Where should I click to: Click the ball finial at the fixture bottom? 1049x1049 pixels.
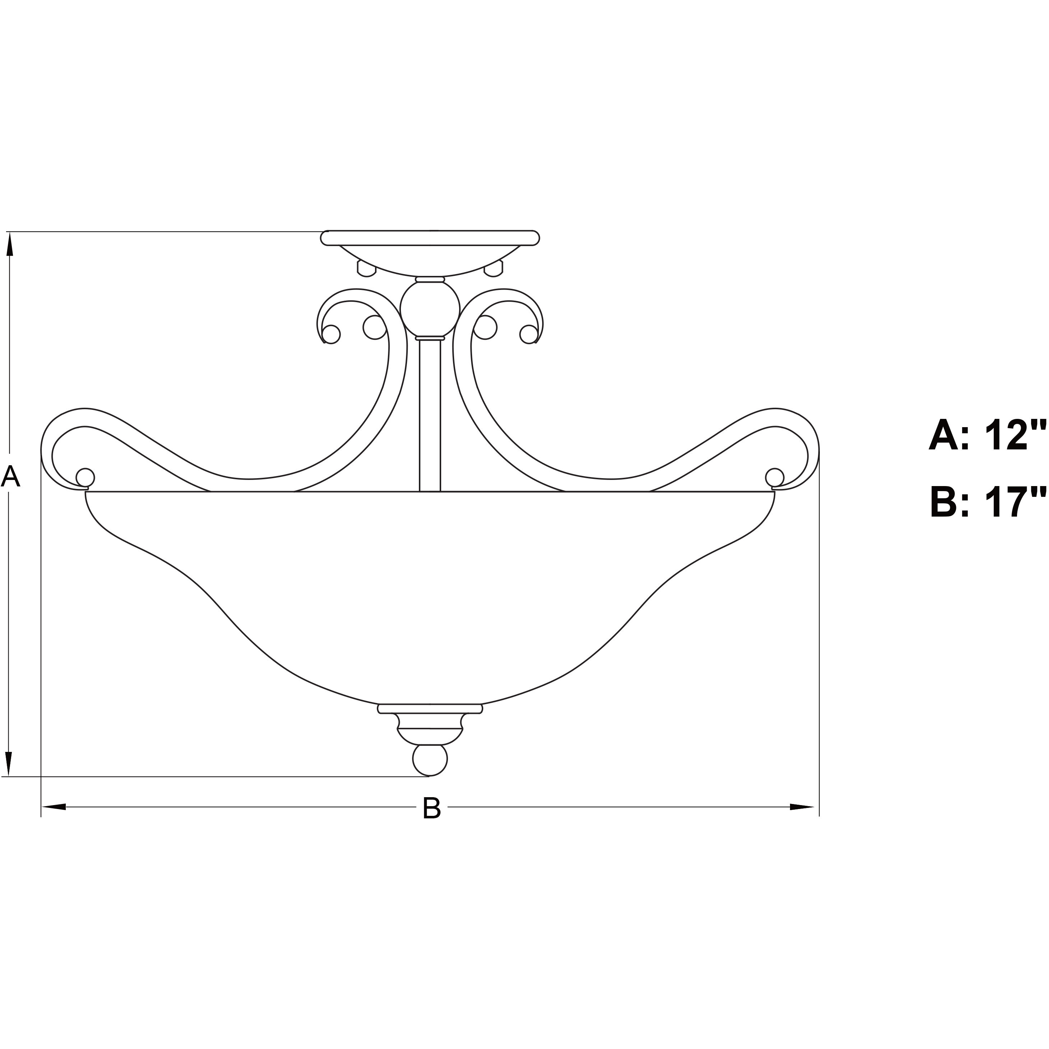[430, 759]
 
